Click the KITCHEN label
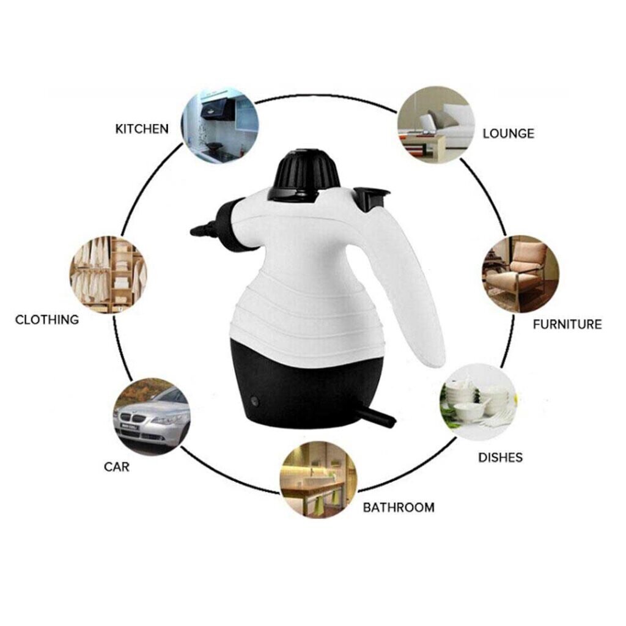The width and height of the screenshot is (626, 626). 142,129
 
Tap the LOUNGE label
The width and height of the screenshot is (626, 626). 508,133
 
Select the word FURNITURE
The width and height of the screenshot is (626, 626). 567,324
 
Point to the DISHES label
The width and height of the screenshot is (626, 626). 500,457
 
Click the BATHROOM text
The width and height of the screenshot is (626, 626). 399,507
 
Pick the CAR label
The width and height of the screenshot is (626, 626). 117,466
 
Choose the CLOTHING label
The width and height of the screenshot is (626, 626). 46,320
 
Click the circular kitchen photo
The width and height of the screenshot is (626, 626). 220,125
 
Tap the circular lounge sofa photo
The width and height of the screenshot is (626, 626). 436,125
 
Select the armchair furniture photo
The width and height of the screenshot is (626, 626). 520,274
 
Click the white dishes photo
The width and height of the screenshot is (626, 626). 478,402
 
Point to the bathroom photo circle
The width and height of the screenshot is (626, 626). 318,479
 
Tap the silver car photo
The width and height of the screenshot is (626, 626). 152,416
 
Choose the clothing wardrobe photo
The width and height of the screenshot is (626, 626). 108,274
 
